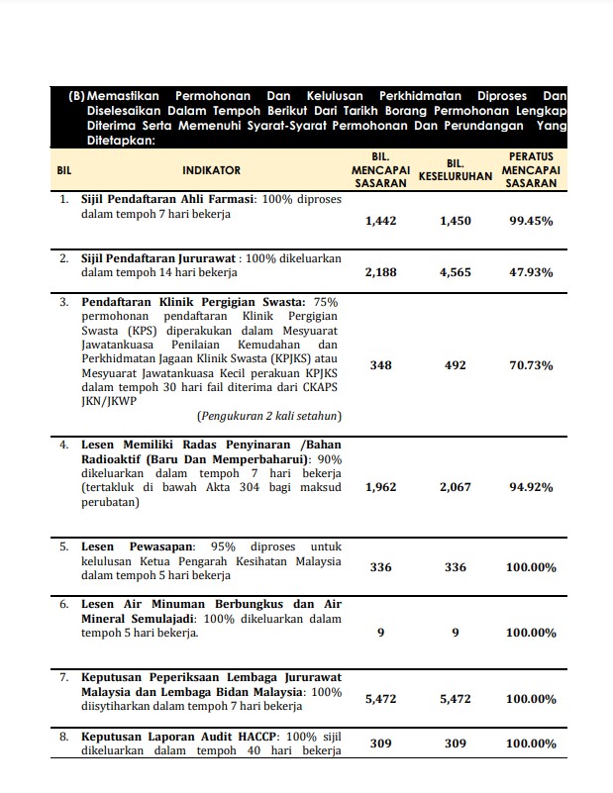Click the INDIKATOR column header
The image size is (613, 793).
[x=211, y=170]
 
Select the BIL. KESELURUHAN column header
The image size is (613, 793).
[x=456, y=170]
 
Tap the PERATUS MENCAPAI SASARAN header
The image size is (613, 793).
[x=531, y=170]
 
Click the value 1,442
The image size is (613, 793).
[x=380, y=221]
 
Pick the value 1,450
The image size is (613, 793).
[x=456, y=221]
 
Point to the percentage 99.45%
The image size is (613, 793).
[x=531, y=221]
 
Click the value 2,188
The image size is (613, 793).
[x=380, y=272]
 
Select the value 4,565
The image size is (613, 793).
[x=456, y=272]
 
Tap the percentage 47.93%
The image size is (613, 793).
[x=531, y=272]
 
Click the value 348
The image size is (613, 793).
[x=380, y=365]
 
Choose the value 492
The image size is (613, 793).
[x=456, y=365]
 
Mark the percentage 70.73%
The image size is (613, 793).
[x=531, y=365]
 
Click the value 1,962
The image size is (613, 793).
[x=380, y=487]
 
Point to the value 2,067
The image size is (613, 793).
[x=456, y=487]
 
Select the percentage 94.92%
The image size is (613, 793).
[x=531, y=487]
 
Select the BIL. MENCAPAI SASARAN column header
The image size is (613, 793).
[x=380, y=170]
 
